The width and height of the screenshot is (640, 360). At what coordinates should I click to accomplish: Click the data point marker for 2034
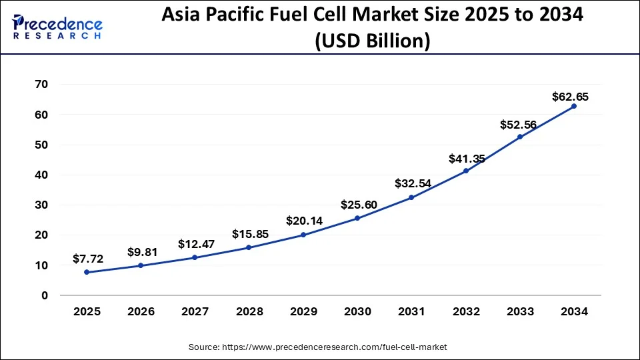tap(573, 106)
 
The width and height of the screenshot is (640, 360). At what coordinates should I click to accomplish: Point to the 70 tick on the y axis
tap(41, 85)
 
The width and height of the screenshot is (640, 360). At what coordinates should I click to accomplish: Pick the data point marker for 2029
tap(303, 235)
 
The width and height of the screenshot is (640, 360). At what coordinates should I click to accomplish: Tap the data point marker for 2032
tap(465, 171)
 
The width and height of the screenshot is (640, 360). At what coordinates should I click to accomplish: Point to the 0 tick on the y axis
tap(45, 295)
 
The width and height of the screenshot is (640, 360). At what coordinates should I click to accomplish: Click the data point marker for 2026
tap(140, 265)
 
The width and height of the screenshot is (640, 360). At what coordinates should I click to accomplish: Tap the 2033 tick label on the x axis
tap(519, 311)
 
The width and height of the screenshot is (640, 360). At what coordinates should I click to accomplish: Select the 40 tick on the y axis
tap(41, 175)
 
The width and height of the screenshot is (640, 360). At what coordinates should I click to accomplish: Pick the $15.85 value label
tap(249, 234)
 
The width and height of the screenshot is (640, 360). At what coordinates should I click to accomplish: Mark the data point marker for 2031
tap(411, 197)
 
